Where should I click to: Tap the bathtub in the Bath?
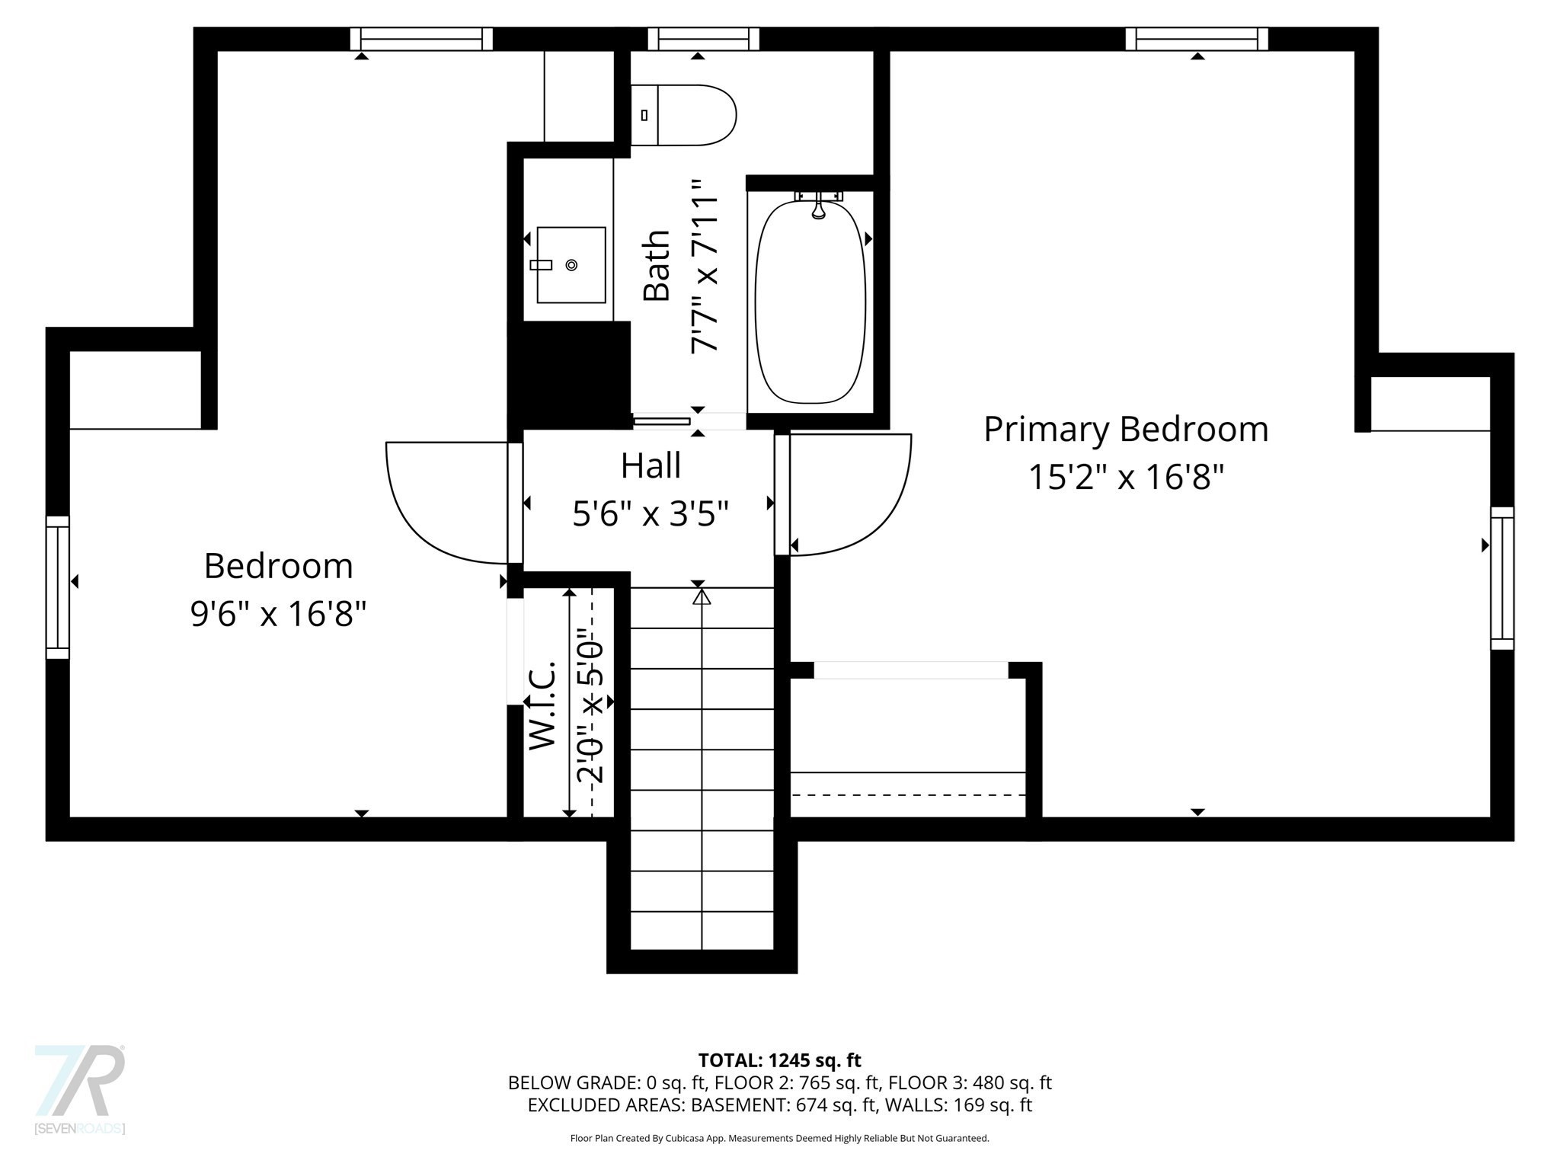(x=810, y=301)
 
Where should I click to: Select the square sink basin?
(x=571, y=265)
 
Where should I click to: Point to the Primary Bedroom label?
(x=1125, y=430)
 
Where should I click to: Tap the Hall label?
(x=651, y=466)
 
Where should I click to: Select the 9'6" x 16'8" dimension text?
(x=278, y=613)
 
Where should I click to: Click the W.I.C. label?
(x=542, y=705)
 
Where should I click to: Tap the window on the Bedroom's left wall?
(x=58, y=587)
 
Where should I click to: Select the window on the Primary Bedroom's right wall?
(x=1501, y=578)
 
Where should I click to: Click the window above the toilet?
(x=703, y=39)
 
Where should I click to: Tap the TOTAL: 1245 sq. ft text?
(x=779, y=1060)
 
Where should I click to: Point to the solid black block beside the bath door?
(x=569, y=373)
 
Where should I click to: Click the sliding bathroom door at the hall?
(x=662, y=420)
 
